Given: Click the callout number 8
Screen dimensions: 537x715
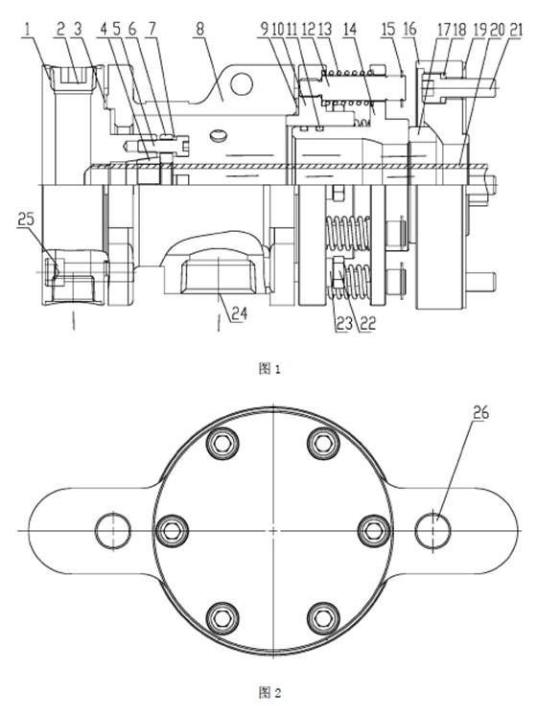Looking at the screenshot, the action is tap(198, 30).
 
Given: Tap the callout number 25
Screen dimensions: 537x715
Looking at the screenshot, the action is tap(26, 219).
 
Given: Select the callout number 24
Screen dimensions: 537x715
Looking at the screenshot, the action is tap(239, 313).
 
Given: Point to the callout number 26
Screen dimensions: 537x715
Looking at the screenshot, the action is tap(480, 413).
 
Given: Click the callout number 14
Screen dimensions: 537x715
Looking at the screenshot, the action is tap(349, 30).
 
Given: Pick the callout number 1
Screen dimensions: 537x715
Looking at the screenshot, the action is tap(28, 30).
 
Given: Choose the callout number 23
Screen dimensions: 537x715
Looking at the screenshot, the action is tap(345, 323).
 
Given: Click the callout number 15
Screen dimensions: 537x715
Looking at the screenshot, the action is tap(387, 30).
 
